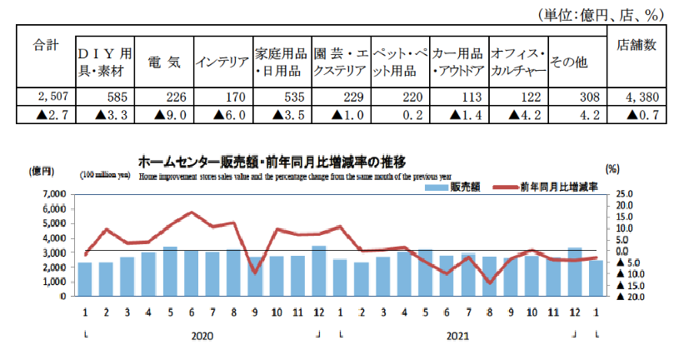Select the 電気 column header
click(x=163, y=62)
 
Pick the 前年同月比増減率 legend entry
click(x=550, y=188)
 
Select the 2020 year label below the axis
click(x=203, y=337)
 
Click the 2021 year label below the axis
click(x=459, y=337)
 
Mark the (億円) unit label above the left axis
click(x=42, y=171)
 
